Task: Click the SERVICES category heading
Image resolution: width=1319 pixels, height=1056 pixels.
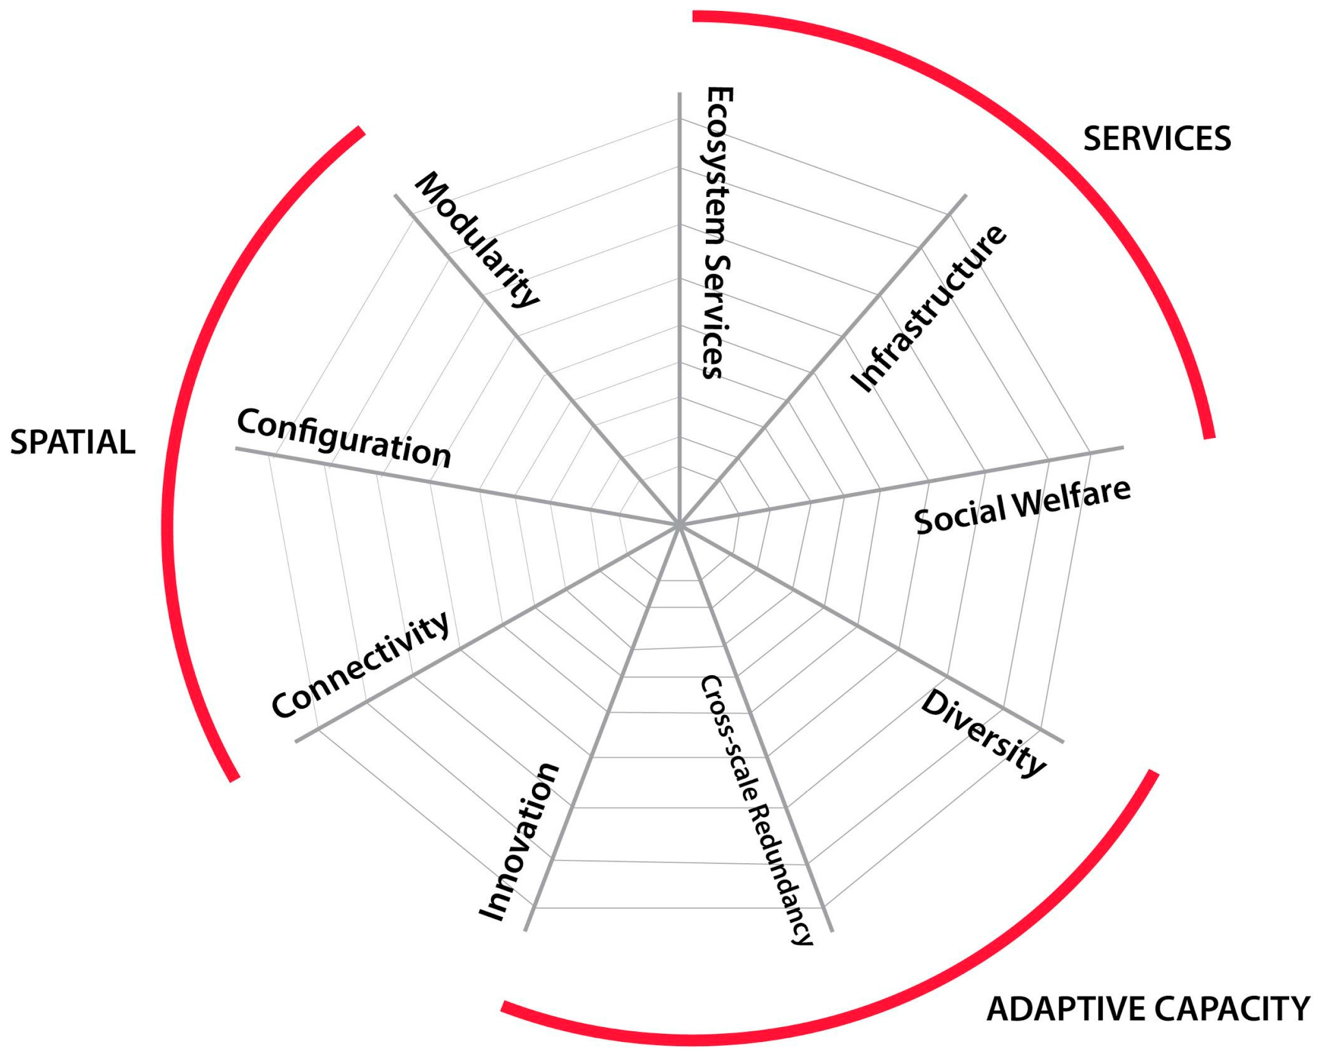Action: coord(1157,138)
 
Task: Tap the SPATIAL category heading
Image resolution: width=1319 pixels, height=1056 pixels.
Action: coord(72,442)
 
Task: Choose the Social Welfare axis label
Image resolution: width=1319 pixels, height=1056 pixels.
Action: coord(1022,507)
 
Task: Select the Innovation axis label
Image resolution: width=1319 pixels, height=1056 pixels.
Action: coord(519,842)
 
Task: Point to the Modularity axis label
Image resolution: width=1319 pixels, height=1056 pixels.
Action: coord(477,239)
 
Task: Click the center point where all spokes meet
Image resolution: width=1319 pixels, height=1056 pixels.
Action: coord(679,525)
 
